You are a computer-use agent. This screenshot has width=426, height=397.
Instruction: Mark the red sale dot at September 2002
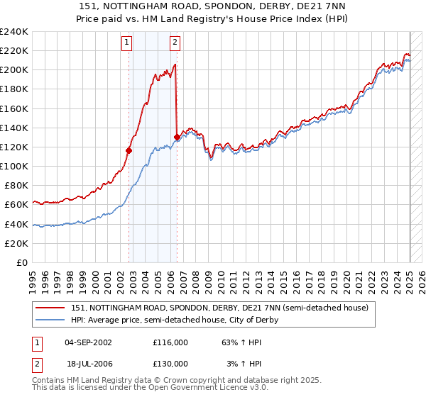129,150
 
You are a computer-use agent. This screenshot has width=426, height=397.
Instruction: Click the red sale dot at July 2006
176,137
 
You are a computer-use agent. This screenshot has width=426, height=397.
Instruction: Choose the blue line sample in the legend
50,320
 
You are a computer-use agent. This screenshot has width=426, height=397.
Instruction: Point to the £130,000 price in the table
170,363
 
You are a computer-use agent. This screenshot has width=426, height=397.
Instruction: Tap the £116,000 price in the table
170,342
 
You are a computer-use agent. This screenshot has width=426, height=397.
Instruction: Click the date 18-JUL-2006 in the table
88,363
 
